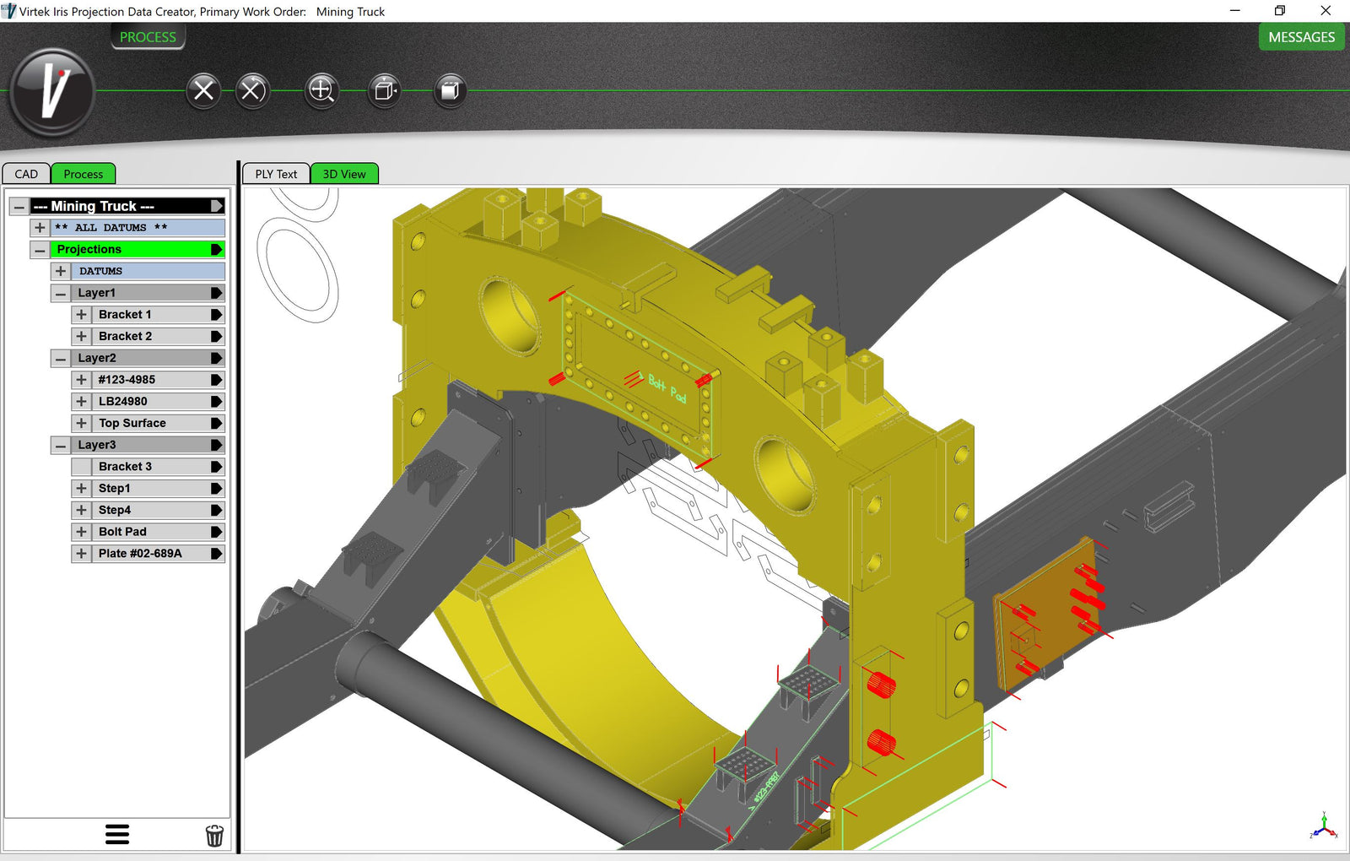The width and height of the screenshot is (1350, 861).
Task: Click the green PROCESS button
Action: click(148, 37)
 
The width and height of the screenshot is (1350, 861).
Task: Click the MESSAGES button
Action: click(1301, 37)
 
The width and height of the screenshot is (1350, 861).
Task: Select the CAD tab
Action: click(26, 174)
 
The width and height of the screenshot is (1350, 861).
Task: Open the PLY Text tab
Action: click(276, 174)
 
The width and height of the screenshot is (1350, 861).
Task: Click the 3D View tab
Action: click(344, 174)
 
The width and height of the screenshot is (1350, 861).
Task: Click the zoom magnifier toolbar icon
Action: click(321, 89)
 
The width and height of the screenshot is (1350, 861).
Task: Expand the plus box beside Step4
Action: click(81, 510)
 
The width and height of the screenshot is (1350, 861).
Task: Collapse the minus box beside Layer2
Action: click(60, 358)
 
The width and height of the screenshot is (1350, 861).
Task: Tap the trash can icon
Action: click(214, 835)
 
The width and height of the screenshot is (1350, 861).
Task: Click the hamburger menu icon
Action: click(117, 834)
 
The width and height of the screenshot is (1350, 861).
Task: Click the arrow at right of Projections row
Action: click(216, 249)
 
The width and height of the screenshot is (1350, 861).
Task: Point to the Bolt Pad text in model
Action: click(667, 388)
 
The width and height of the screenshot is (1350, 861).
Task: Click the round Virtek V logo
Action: click(52, 91)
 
